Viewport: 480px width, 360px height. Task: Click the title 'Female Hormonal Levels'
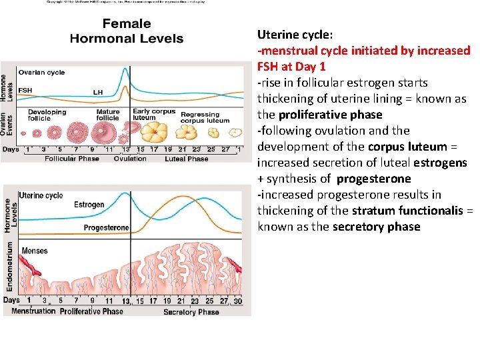tap(126, 31)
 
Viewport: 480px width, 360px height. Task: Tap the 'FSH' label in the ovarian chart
tap(25, 90)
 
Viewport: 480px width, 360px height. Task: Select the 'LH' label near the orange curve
tap(97, 92)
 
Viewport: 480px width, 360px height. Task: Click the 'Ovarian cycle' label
tap(41, 72)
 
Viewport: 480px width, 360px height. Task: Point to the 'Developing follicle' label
tap(47, 115)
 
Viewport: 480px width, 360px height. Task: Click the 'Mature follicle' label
tap(108, 115)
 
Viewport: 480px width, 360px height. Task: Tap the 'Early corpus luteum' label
tap(153, 115)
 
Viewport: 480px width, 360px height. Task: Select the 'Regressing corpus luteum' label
tap(205, 118)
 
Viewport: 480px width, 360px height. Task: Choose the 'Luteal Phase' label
tap(187, 159)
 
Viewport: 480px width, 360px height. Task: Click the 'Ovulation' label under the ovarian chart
tap(130, 159)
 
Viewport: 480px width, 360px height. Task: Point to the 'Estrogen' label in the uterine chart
tap(89, 205)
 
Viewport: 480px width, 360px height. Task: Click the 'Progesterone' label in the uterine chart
tap(106, 228)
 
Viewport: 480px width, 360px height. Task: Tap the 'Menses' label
tap(35, 251)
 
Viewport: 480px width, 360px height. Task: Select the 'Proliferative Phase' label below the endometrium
tap(91, 311)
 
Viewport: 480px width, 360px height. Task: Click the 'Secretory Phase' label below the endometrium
tap(191, 311)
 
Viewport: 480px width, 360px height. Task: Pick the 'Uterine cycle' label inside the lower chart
tap(41, 195)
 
